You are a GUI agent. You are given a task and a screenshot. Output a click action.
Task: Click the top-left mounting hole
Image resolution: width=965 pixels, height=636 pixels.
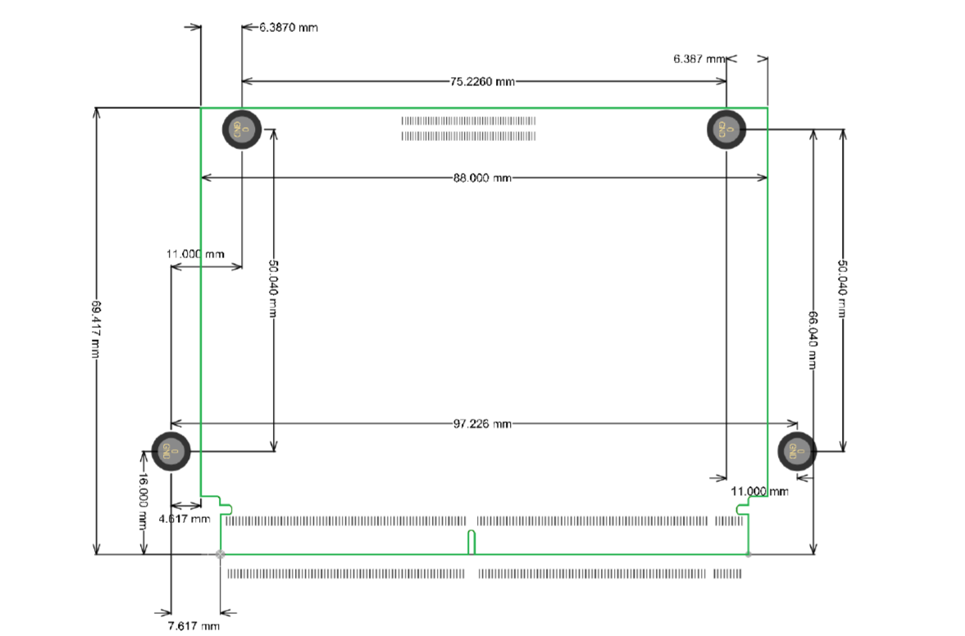pyautogui.click(x=242, y=129)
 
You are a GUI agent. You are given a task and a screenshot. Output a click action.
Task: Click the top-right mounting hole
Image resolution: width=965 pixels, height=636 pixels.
pyautogui.click(x=726, y=129)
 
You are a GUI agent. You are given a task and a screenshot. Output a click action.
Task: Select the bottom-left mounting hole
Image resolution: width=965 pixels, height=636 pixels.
pyautogui.click(x=171, y=450)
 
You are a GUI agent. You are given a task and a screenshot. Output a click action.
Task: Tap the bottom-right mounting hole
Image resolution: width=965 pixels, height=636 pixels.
pyautogui.click(x=797, y=450)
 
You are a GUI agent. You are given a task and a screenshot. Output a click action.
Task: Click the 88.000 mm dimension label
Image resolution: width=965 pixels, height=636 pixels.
pyautogui.click(x=482, y=178)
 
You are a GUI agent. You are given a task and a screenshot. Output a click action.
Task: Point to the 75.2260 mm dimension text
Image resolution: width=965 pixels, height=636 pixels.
pyautogui.click(x=482, y=82)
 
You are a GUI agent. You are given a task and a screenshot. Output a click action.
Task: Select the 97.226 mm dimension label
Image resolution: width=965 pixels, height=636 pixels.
pyautogui.click(x=482, y=424)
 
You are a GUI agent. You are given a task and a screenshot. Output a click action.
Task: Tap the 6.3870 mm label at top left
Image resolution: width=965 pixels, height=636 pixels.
pyautogui.click(x=288, y=28)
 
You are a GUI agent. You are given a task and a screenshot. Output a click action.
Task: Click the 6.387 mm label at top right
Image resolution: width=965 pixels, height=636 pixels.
pyautogui.click(x=699, y=59)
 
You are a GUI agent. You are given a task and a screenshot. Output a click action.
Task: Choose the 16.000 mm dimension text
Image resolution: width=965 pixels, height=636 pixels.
pyautogui.click(x=143, y=502)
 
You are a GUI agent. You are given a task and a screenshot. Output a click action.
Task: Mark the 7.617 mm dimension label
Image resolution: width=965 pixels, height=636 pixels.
pyautogui.click(x=193, y=626)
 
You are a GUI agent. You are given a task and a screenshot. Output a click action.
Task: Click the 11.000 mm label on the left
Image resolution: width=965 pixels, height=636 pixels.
pyautogui.click(x=195, y=255)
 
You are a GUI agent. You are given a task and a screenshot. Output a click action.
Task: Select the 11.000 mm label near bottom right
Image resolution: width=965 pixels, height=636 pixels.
pyautogui.click(x=759, y=491)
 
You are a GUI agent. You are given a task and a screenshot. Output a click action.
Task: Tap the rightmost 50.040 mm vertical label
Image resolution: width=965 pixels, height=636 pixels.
pyautogui.click(x=842, y=290)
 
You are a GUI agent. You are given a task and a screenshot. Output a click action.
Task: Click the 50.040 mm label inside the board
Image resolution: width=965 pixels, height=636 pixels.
pyautogui.click(x=274, y=290)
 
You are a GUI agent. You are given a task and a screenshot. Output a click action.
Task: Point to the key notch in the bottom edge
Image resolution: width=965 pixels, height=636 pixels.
pyautogui.click(x=471, y=543)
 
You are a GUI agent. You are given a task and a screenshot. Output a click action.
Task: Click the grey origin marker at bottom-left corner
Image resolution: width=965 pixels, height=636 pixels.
pyautogui.click(x=220, y=555)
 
